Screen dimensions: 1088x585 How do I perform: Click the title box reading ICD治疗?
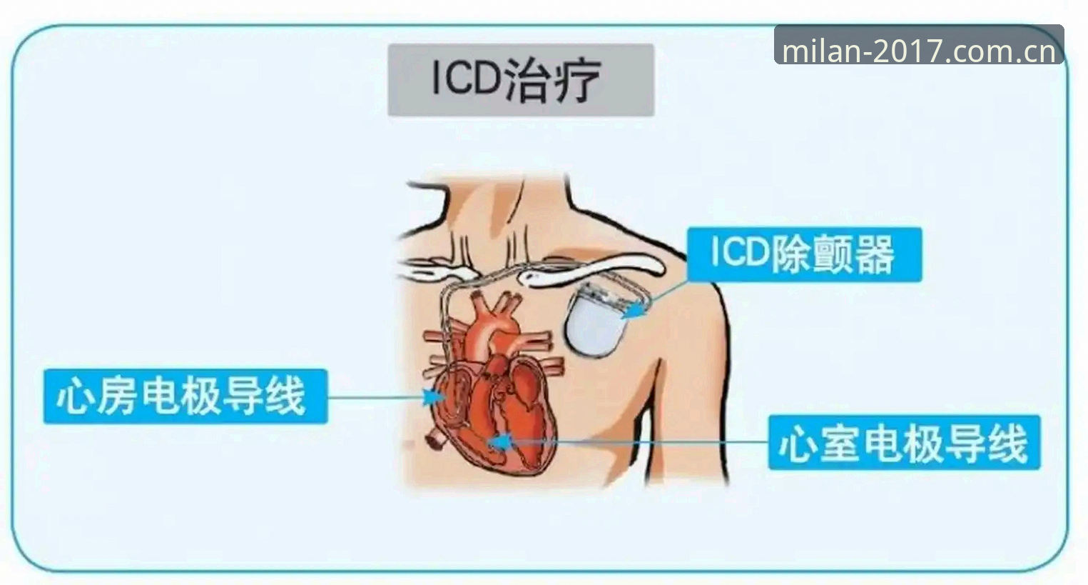pyautogui.click(x=521, y=80)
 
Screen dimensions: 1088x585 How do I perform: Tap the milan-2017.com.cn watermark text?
pyautogui.click(x=919, y=51)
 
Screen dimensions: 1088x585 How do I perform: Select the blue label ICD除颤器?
pyautogui.click(x=804, y=254)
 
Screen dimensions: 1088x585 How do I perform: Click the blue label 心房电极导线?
pyautogui.click(x=185, y=396)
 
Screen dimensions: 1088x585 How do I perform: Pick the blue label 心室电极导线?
pyautogui.click(x=905, y=443)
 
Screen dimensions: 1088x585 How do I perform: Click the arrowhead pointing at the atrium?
pyautogui.click(x=434, y=397)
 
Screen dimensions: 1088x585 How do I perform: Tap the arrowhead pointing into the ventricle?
pyautogui.click(x=500, y=443)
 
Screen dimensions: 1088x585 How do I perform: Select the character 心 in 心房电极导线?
pyautogui.click(x=75, y=397)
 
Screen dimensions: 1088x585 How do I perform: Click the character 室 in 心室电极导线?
pyautogui.click(x=840, y=443)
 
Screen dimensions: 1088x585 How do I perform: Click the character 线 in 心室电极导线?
pyautogui.click(x=1010, y=443)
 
